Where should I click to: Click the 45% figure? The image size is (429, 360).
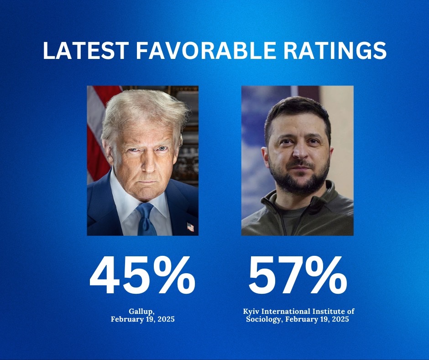click(x=142, y=277)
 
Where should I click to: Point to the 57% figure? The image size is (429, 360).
click(x=298, y=277)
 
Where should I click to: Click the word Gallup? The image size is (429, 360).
click(x=142, y=311)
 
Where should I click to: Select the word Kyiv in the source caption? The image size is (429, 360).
click(x=252, y=311)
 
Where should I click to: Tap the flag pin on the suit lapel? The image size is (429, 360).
click(x=190, y=227)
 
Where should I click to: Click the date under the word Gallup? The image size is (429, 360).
click(x=142, y=319)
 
